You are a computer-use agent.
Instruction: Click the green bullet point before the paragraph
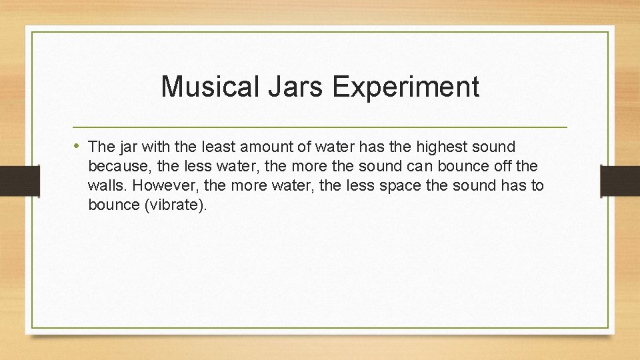pos(77,146)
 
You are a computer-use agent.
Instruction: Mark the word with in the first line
pos(155,147)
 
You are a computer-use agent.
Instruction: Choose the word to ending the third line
pos(537,185)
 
